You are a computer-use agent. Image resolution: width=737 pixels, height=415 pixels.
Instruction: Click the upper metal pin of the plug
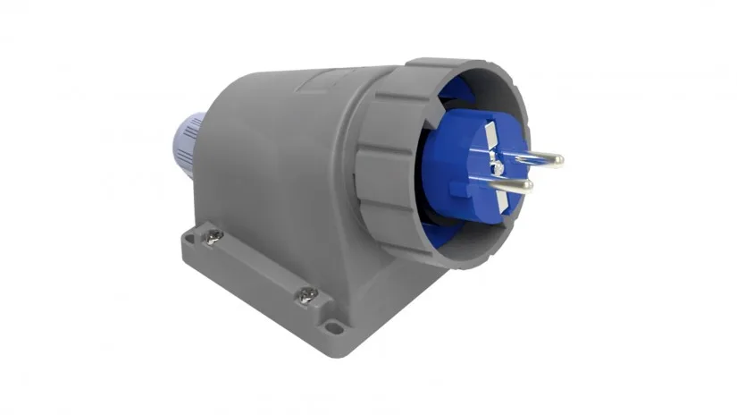pyautogui.click(x=532, y=158)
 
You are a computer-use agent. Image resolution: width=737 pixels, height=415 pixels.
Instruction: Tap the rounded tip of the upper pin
pyautogui.click(x=557, y=161)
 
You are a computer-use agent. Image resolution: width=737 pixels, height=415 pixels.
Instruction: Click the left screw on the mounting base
pyautogui.click(x=215, y=237)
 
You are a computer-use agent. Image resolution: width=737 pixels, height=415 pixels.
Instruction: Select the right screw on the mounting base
pyautogui.click(x=306, y=294)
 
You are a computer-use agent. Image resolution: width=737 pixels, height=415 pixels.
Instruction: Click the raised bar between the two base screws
pyautogui.click(x=259, y=266)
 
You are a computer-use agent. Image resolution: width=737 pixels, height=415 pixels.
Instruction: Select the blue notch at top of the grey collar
pyautogui.click(x=461, y=84)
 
